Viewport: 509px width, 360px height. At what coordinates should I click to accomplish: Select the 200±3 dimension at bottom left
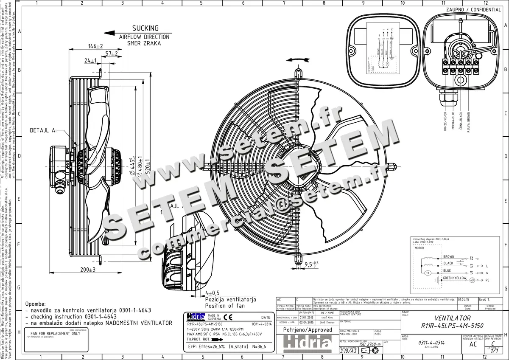tap(88, 270)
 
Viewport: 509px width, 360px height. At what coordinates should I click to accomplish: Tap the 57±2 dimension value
tap(112, 53)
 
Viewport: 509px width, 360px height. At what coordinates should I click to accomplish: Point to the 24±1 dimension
tap(90, 61)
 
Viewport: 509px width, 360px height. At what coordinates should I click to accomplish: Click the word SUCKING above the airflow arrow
tap(145, 28)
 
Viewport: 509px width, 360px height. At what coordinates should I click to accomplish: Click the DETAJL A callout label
tap(43, 130)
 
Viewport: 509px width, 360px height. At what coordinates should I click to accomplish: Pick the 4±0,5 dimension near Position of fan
tap(212, 293)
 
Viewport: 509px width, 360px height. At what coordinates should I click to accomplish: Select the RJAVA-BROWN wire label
tap(468, 122)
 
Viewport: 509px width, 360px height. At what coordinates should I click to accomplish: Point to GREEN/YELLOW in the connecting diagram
tap(454, 278)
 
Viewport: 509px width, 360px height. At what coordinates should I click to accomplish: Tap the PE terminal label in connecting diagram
tap(488, 281)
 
